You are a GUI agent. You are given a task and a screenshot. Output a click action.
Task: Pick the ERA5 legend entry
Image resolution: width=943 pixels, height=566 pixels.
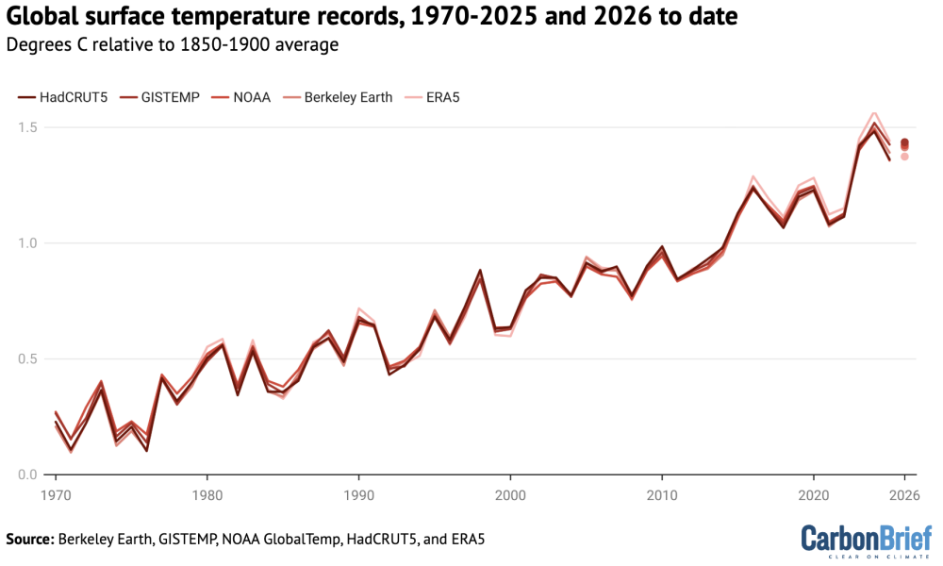click(x=440, y=97)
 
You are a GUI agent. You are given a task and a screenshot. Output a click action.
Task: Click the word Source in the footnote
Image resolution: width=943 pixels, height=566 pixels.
click(x=29, y=540)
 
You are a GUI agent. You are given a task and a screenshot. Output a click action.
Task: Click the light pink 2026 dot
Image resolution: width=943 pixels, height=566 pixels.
click(x=904, y=157)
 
